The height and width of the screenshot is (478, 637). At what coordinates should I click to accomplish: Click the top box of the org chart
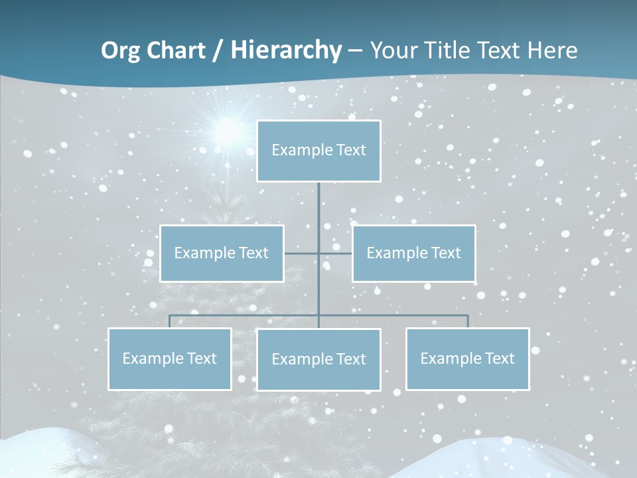(x=318, y=151)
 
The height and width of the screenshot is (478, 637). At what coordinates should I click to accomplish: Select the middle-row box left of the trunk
(x=222, y=254)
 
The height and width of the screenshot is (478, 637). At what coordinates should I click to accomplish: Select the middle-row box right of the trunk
(x=413, y=254)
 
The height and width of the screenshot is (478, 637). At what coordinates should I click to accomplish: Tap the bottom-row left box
(x=170, y=359)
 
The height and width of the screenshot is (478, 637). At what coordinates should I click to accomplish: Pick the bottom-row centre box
(x=318, y=360)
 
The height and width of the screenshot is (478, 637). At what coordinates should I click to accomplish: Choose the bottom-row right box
(x=467, y=359)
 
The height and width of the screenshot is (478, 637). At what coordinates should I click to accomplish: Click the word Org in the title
(x=120, y=50)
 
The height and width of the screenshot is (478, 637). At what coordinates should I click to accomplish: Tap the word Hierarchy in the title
(x=286, y=50)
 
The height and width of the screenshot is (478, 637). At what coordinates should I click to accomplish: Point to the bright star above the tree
(x=228, y=131)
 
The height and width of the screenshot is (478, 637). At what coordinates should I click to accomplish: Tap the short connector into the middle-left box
(x=301, y=254)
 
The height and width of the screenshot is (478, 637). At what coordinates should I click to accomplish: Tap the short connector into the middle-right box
(x=336, y=254)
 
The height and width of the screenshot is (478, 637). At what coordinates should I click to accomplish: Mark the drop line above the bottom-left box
(x=170, y=321)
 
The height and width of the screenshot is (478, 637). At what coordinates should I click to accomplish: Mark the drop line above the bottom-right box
(x=468, y=321)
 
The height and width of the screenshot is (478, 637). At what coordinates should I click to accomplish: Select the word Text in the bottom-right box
(x=500, y=359)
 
